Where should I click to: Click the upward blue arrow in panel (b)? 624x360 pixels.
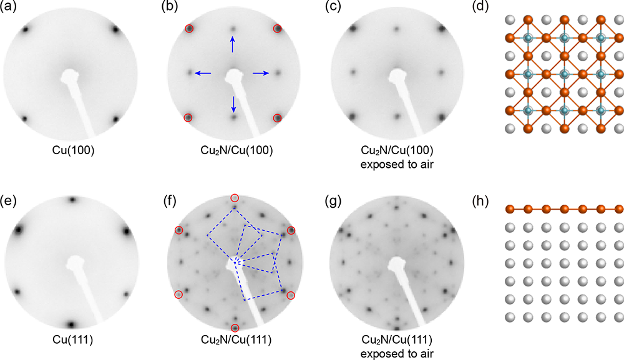(233, 44)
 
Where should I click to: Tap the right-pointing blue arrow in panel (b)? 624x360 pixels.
(261, 74)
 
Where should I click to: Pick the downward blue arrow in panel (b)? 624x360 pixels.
(233, 103)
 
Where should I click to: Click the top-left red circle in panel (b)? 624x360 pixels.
(189, 29)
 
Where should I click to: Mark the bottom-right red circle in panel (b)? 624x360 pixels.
(278, 117)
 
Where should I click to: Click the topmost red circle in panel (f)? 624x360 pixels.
(235, 198)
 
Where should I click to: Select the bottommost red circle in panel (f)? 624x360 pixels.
(235, 328)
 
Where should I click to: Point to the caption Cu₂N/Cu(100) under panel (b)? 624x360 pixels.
(233, 151)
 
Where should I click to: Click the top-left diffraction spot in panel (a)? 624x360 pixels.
(26, 29)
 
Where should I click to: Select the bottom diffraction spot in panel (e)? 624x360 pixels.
(71, 324)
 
